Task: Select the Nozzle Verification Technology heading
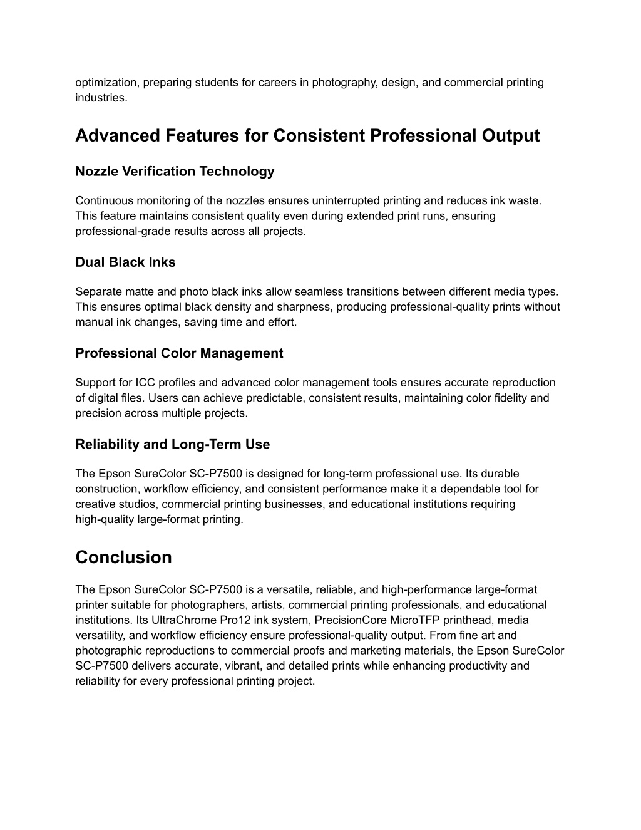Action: click(x=175, y=171)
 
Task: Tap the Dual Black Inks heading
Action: click(x=125, y=262)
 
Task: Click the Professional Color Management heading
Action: click(x=179, y=353)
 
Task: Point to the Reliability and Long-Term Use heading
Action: click(x=172, y=445)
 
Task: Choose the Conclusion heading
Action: click(x=123, y=558)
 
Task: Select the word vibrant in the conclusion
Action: click(x=216, y=666)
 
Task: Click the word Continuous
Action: click(x=101, y=200)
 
